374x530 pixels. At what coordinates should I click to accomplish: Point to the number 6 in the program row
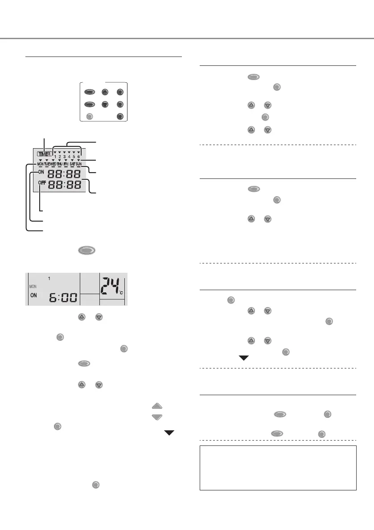(x=78, y=157)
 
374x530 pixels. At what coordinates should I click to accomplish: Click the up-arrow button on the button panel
(x=104, y=93)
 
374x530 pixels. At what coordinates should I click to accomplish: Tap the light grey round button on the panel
(x=89, y=117)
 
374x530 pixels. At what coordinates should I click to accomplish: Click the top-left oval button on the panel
(x=89, y=93)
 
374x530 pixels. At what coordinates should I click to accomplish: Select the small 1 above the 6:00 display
(x=49, y=278)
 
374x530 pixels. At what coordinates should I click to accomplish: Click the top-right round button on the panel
(x=119, y=93)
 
